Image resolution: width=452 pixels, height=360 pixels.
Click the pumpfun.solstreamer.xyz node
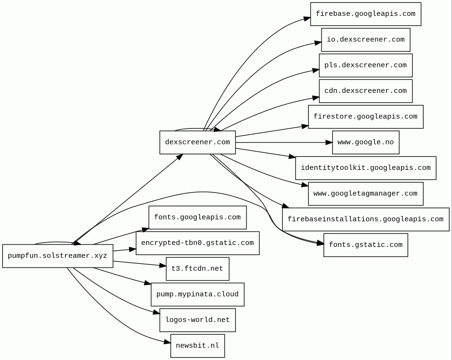(58, 256)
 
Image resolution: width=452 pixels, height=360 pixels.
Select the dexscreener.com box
(197, 142)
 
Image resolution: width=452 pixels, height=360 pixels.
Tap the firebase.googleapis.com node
(365, 14)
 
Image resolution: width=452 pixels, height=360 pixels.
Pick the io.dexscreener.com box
(365, 40)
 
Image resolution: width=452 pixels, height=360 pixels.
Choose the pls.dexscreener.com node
(365, 65)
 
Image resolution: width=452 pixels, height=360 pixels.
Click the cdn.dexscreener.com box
(365, 91)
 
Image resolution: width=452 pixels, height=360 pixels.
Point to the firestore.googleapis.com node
(365, 117)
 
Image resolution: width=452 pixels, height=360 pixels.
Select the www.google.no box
(365, 142)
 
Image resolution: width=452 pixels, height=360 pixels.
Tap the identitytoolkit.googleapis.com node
(365, 168)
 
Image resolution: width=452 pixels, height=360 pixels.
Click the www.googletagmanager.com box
(365, 193)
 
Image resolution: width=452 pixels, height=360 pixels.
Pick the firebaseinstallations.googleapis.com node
(365, 219)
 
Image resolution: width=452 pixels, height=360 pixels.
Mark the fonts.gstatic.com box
(365, 245)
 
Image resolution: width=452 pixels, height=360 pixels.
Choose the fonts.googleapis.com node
(197, 218)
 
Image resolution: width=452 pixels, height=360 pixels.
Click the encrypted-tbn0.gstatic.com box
(197, 243)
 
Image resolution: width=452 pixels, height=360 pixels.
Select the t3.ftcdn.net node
(197, 269)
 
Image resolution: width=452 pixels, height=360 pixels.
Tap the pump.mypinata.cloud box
(197, 295)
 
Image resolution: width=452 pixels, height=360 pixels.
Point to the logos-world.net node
(197, 320)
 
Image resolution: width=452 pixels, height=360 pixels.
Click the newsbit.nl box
(197, 346)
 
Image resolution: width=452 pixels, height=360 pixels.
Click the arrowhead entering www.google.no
(329, 142)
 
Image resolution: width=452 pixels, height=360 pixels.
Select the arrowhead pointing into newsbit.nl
(168, 342)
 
